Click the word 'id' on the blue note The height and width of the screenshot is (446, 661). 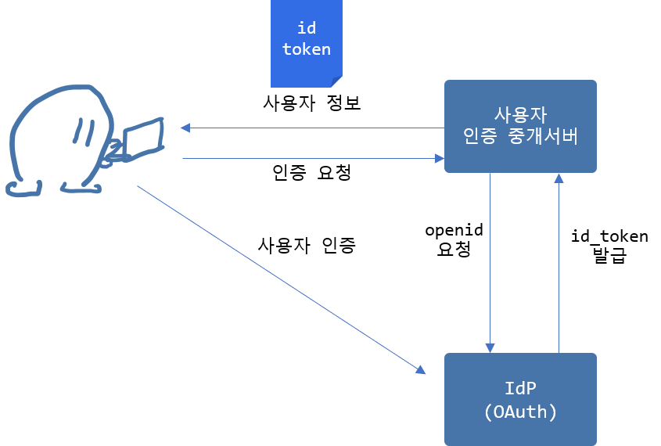306,28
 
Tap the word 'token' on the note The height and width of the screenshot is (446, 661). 306,49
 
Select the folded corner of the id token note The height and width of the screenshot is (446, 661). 336,81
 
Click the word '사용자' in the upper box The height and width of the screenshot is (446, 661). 520,113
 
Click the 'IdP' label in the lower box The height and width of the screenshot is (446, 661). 520,388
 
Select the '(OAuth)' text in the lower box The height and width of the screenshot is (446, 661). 520,412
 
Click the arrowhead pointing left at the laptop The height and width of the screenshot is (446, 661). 185,128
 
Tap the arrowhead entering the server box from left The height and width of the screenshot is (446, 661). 440,159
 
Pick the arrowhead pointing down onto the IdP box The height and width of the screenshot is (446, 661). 490,347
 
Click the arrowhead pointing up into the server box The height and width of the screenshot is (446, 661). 559,178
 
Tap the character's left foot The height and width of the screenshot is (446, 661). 23,188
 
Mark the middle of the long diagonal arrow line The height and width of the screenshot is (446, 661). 279,278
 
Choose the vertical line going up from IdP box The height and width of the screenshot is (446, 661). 559,266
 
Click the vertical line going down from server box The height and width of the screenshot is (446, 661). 490,258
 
